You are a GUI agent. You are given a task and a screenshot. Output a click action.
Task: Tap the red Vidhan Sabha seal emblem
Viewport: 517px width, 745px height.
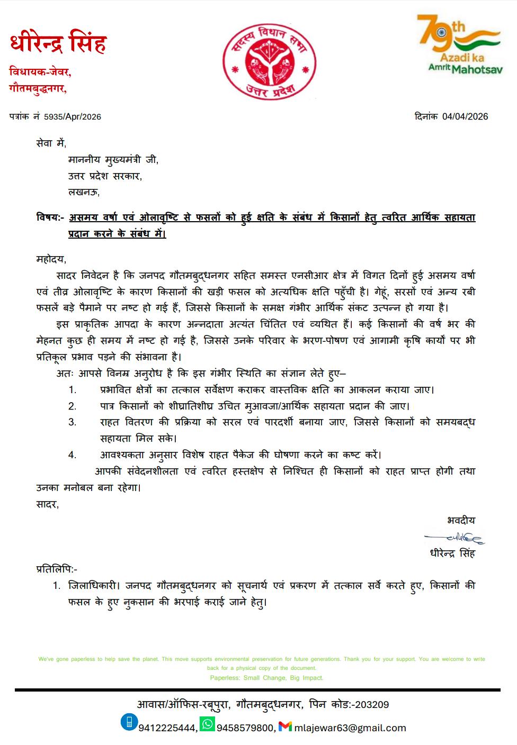click(269, 61)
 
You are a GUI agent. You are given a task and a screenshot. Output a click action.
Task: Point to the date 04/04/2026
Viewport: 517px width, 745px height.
click(465, 116)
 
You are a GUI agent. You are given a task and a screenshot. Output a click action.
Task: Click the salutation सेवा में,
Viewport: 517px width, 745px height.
click(51, 143)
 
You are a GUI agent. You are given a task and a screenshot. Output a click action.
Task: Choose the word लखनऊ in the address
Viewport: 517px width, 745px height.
click(83, 192)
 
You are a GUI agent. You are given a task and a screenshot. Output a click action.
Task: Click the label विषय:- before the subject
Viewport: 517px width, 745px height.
click(50, 217)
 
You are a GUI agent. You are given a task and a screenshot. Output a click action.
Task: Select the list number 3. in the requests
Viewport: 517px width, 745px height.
click(72, 422)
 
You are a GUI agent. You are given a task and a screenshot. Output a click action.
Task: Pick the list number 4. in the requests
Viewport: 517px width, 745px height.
click(72, 455)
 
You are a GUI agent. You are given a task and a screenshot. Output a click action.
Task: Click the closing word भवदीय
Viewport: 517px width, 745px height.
click(461, 521)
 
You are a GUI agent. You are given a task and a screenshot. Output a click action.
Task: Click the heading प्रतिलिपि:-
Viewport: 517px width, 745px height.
click(57, 569)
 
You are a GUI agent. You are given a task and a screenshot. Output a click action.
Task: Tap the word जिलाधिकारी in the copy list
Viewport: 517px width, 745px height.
click(96, 586)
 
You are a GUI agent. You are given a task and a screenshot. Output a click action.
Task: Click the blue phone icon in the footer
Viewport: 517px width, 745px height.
click(129, 722)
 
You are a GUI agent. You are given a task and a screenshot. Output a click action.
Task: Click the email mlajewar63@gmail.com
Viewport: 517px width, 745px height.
click(350, 728)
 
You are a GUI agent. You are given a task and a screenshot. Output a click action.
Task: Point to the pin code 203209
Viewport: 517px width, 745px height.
click(372, 705)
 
